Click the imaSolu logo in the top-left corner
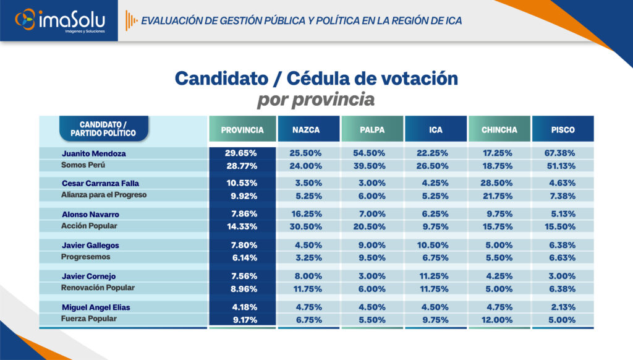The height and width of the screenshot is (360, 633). tap(60, 20)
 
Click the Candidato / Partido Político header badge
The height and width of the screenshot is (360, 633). tap(104, 129)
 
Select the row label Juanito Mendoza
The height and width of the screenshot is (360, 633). tap(94, 153)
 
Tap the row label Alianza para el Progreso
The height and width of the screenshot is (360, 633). tap(104, 195)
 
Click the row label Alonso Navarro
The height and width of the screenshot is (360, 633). tap(90, 214)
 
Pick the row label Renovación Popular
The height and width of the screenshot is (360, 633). tap(98, 288)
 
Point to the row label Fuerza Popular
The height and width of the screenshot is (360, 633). tap(89, 319)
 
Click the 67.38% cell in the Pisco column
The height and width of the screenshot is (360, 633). tap(559, 153)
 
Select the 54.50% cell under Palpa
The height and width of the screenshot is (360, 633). tap(369, 153)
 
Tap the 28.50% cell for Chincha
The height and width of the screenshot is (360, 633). tap(496, 183)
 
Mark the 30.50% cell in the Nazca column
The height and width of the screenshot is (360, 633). tap(305, 226)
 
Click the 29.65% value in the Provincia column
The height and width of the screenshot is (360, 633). tap(241, 153)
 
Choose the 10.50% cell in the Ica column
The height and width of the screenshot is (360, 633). tap(432, 245)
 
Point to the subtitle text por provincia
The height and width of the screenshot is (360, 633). tap(316, 100)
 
